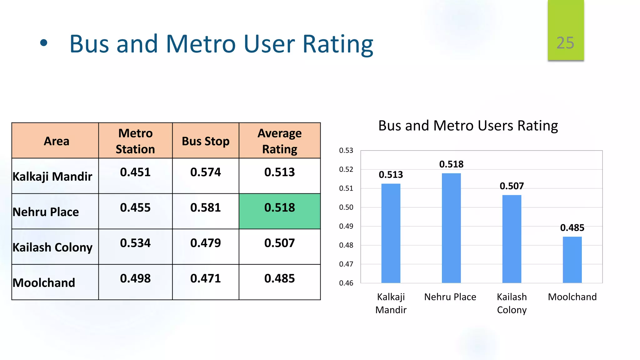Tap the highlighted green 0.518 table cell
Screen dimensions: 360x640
279,211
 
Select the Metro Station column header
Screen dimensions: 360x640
135,141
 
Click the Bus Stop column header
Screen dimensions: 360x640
206,141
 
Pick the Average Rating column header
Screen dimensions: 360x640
279,141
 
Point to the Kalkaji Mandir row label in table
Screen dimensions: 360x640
52,177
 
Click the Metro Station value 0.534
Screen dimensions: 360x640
135,243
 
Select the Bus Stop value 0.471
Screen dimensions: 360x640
206,278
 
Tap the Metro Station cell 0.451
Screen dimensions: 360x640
135,172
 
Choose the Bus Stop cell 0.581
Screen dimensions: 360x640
206,208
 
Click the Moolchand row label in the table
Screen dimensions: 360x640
44,283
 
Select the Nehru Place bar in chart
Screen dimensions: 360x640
451,228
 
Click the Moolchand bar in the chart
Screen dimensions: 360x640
572,260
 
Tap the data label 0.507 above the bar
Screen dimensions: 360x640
512,186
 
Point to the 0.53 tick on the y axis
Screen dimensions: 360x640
346,151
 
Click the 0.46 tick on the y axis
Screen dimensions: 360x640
346,283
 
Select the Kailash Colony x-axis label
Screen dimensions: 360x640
512,303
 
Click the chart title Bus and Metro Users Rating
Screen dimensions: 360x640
468,126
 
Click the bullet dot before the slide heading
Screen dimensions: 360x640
44,43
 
